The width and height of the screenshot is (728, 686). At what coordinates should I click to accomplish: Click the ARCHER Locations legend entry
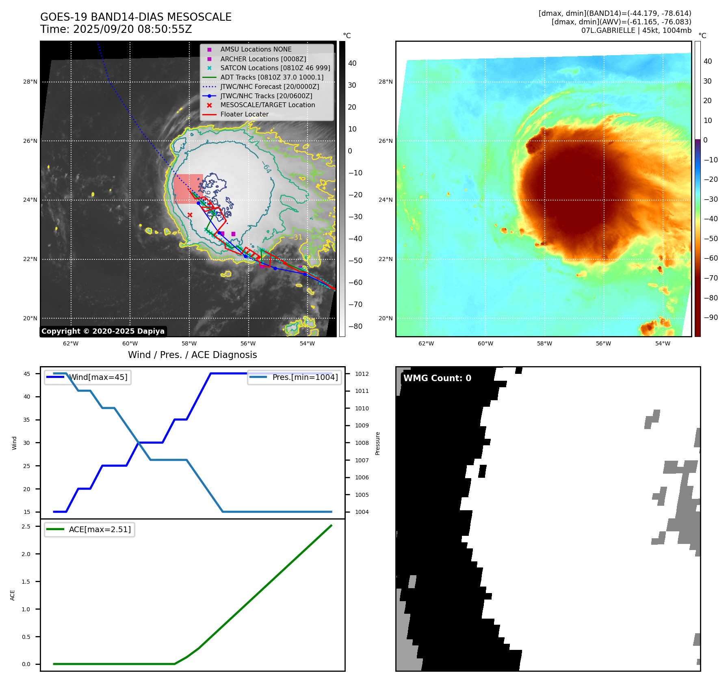click(x=263, y=59)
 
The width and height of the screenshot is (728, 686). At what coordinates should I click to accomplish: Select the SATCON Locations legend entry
click(x=275, y=68)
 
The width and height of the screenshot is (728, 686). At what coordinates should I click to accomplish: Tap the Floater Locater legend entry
click(x=244, y=114)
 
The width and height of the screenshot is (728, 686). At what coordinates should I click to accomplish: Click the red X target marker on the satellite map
click(x=190, y=215)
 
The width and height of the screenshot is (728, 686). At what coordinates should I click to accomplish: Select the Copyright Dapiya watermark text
click(x=103, y=331)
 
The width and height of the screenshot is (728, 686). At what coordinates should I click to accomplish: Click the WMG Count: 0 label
click(x=437, y=378)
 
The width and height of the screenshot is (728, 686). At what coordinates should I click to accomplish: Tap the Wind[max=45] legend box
click(x=88, y=378)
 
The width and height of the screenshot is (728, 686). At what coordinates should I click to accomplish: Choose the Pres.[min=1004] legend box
click(x=294, y=378)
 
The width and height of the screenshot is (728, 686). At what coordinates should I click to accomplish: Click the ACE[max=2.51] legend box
click(x=89, y=530)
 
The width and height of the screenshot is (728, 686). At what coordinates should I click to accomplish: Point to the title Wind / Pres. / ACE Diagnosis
click(x=193, y=355)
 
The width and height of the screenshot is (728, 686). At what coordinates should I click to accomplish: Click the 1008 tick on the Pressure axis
click(x=362, y=443)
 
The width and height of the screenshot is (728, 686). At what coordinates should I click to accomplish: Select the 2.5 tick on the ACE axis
click(x=26, y=526)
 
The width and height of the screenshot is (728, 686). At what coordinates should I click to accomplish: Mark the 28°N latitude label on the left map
click(x=30, y=82)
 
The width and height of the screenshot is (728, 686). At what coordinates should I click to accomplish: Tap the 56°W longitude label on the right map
click(x=603, y=344)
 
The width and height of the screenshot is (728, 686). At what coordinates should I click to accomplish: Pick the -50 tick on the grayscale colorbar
click(x=355, y=261)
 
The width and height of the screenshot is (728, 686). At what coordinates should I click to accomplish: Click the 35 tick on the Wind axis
click(x=27, y=420)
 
